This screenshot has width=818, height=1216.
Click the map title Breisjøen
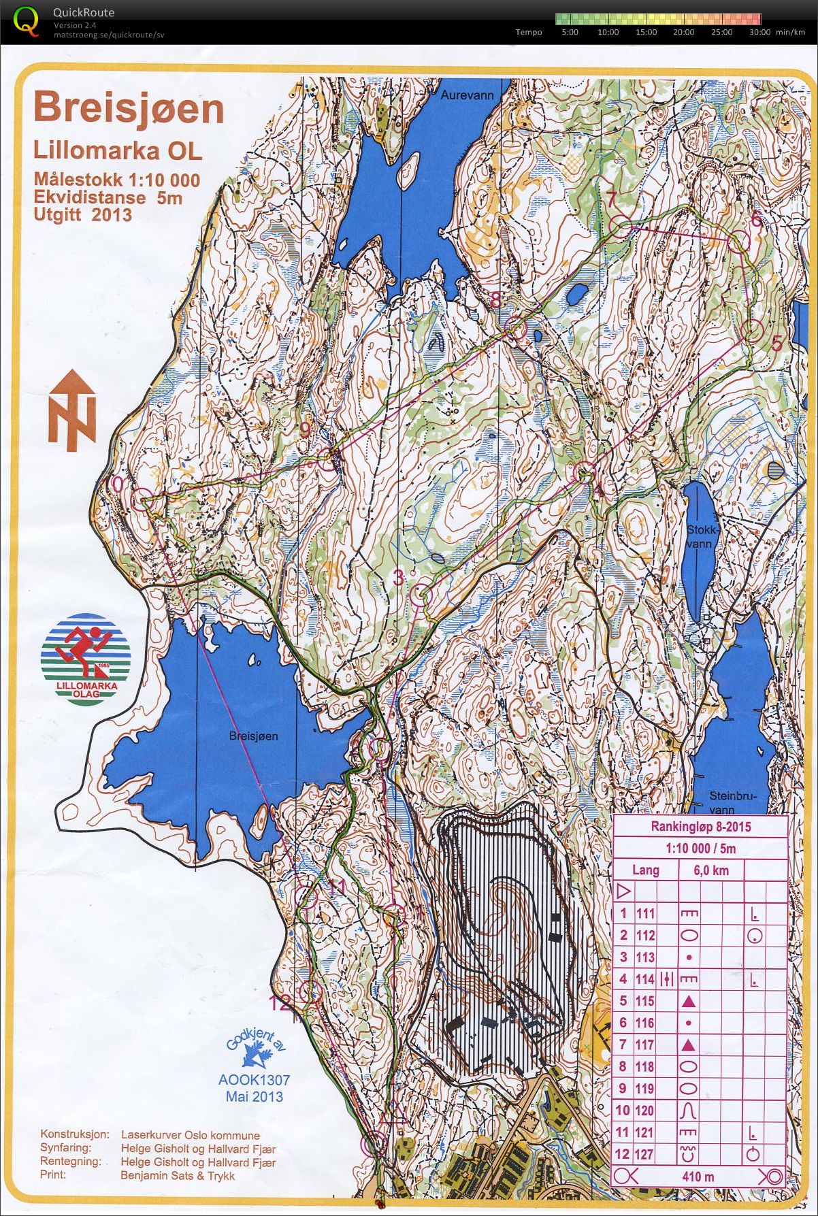point(129,109)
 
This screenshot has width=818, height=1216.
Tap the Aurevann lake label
point(467,95)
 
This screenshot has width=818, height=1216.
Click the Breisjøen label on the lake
point(253,736)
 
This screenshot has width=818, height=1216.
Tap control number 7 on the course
point(611,200)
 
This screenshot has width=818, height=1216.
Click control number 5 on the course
point(776,344)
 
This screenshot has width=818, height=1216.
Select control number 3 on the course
point(399,578)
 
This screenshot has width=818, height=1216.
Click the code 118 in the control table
point(644,1066)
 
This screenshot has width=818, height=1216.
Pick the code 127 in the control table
point(644,1154)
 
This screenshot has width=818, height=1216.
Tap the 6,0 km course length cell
point(710,870)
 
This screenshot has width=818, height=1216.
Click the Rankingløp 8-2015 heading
point(701,827)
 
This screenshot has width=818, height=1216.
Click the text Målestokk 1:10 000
point(117,180)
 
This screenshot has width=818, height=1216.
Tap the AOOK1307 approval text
point(254,1079)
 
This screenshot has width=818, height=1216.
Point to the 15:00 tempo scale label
point(646,32)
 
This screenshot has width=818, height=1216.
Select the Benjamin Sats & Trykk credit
point(177,1175)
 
